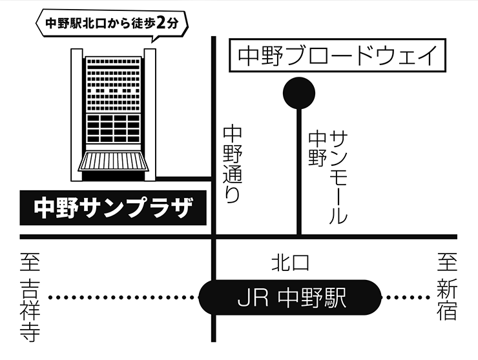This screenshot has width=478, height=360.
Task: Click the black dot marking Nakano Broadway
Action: [299, 93]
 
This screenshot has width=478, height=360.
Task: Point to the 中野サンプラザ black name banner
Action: [113, 208]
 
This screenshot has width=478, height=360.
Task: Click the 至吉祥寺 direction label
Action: [30, 296]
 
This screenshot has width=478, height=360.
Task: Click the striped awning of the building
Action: [114, 161]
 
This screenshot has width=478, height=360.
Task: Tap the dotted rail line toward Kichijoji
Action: [123, 298]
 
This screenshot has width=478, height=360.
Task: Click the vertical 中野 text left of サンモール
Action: [317, 148]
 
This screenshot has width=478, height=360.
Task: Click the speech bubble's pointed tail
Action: [152, 41]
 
